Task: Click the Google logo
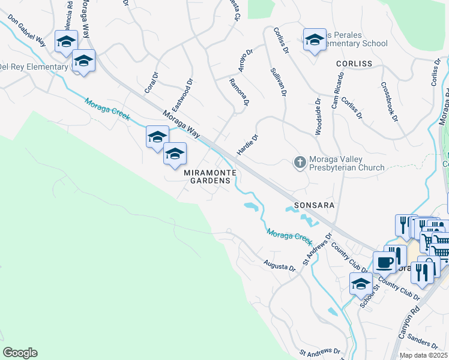tap(20, 353)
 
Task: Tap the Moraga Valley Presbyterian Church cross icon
tap(300, 161)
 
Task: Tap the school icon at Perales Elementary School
tap(314, 40)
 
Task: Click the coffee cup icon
tap(384, 262)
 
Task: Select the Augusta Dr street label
tap(280, 265)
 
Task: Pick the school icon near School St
tap(360, 283)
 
